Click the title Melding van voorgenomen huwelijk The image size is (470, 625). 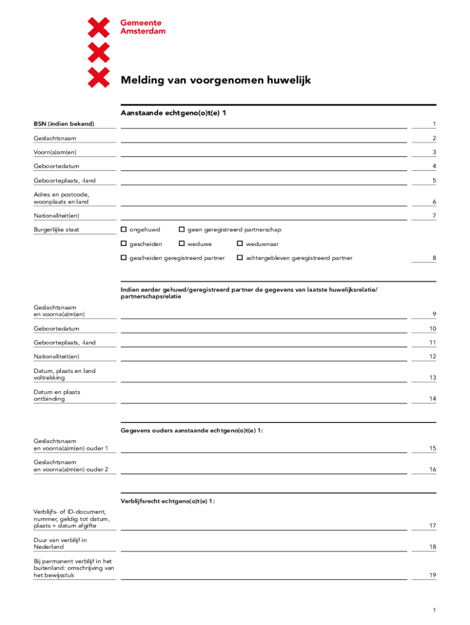pyautogui.click(x=215, y=80)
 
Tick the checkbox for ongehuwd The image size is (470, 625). pyautogui.click(x=124, y=229)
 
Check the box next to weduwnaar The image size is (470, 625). pyautogui.click(x=240, y=244)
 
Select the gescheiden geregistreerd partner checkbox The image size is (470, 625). pyautogui.click(x=124, y=258)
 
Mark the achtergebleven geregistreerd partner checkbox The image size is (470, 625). pyautogui.click(x=240, y=258)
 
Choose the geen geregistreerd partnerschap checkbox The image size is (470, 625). pyautogui.click(x=181, y=229)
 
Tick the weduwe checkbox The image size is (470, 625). pyautogui.click(x=181, y=244)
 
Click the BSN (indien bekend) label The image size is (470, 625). pyautogui.click(x=63, y=124)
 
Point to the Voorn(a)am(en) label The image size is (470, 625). pyautogui.click(x=55, y=152)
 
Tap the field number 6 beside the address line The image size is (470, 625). pyautogui.click(x=433, y=202)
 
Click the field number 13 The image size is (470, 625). pyautogui.click(x=432, y=378)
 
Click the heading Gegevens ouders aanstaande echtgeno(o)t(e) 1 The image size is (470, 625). pyautogui.click(x=192, y=430)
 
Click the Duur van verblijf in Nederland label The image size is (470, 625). pyautogui.click(x=60, y=543)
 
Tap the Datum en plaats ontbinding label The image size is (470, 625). pyautogui.click(x=57, y=396)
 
